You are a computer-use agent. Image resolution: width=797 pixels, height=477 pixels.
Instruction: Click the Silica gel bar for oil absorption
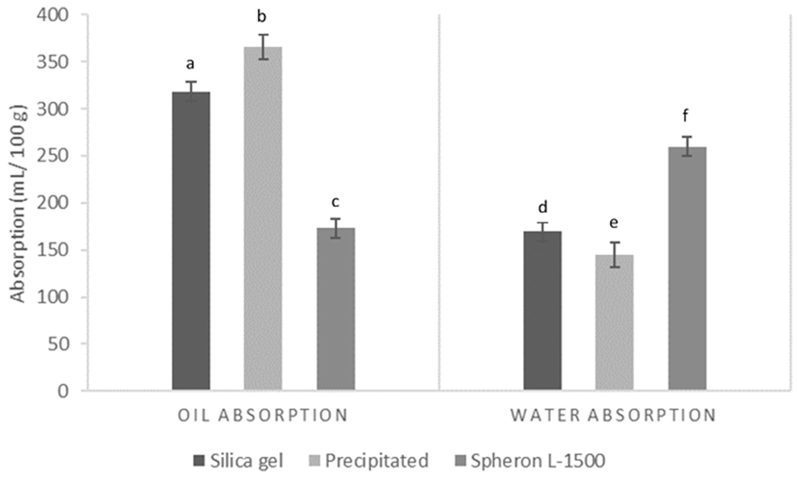pos(191,241)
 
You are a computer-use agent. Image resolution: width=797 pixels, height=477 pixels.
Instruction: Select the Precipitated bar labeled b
pos(263,219)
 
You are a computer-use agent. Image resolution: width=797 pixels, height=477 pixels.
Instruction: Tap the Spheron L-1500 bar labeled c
pos(336,309)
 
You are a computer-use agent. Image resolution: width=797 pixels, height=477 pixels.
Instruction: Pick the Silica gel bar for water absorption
pos(543,310)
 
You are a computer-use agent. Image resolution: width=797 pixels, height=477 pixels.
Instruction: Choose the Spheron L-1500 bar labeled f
pos(687,268)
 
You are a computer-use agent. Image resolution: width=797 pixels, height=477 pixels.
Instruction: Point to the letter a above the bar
pos(191,64)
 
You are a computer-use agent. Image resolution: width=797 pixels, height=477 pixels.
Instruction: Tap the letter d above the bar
pos(543,207)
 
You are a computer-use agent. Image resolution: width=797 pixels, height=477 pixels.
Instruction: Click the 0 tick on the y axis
pos(64,392)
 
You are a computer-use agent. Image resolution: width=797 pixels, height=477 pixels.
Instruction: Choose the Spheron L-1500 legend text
pos(538,461)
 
